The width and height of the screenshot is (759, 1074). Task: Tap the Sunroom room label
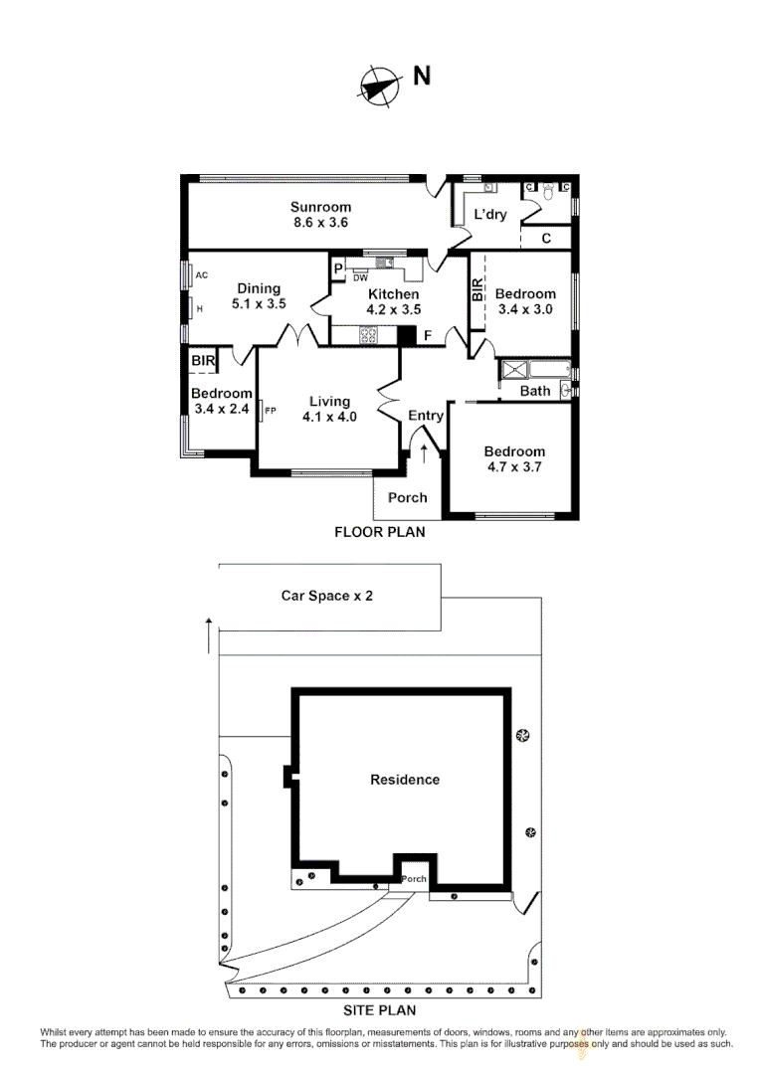click(319, 215)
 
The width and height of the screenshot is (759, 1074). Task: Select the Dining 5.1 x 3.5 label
click(259, 296)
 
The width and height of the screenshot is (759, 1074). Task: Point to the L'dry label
click(490, 215)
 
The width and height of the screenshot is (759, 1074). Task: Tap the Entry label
click(426, 416)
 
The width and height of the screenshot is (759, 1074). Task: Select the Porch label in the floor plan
click(407, 497)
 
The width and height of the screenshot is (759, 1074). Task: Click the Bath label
click(535, 391)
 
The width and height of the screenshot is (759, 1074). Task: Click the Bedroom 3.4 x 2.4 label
click(222, 400)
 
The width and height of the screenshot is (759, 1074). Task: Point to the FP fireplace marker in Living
click(271, 409)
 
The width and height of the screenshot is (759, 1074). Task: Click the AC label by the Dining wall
click(201, 275)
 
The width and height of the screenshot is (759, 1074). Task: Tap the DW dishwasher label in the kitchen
click(361, 277)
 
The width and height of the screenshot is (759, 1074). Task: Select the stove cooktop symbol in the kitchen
click(366, 336)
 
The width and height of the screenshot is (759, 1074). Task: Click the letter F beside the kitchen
click(428, 336)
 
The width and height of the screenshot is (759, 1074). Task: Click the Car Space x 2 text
click(327, 596)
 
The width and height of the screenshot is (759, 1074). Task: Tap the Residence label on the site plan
click(405, 780)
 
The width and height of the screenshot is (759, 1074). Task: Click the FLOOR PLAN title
click(379, 532)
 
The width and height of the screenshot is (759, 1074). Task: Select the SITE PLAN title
click(379, 1010)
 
